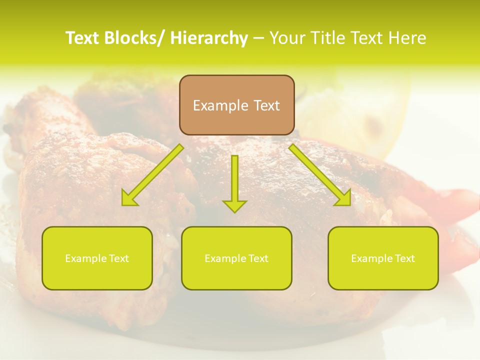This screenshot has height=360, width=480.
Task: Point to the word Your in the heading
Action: click(286, 38)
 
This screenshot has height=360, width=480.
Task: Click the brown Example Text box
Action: click(236, 105)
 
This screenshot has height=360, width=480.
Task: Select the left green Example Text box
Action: click(97, 258)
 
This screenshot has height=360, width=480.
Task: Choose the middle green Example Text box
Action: click(236, 258)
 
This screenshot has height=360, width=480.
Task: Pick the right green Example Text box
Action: click(383, 258)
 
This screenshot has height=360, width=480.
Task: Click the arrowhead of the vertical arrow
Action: click(235, 205)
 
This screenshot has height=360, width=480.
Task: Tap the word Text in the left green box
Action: click(118, 258)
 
